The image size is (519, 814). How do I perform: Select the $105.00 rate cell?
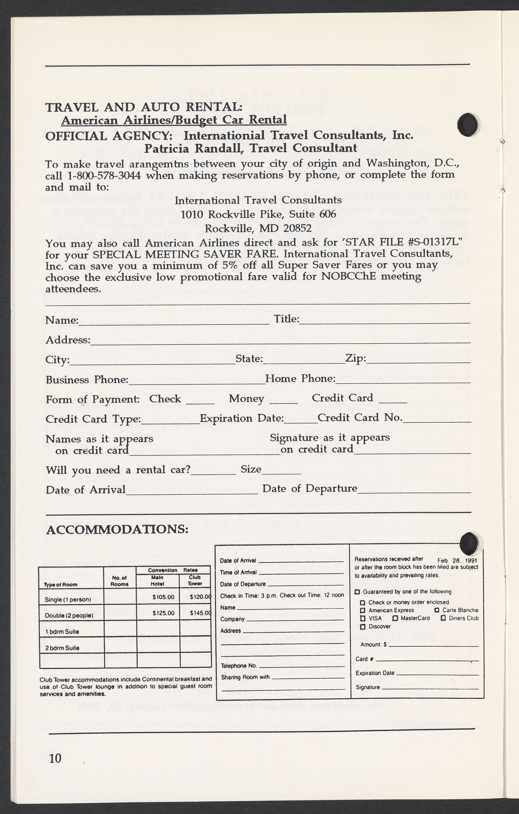pos(163,597)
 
